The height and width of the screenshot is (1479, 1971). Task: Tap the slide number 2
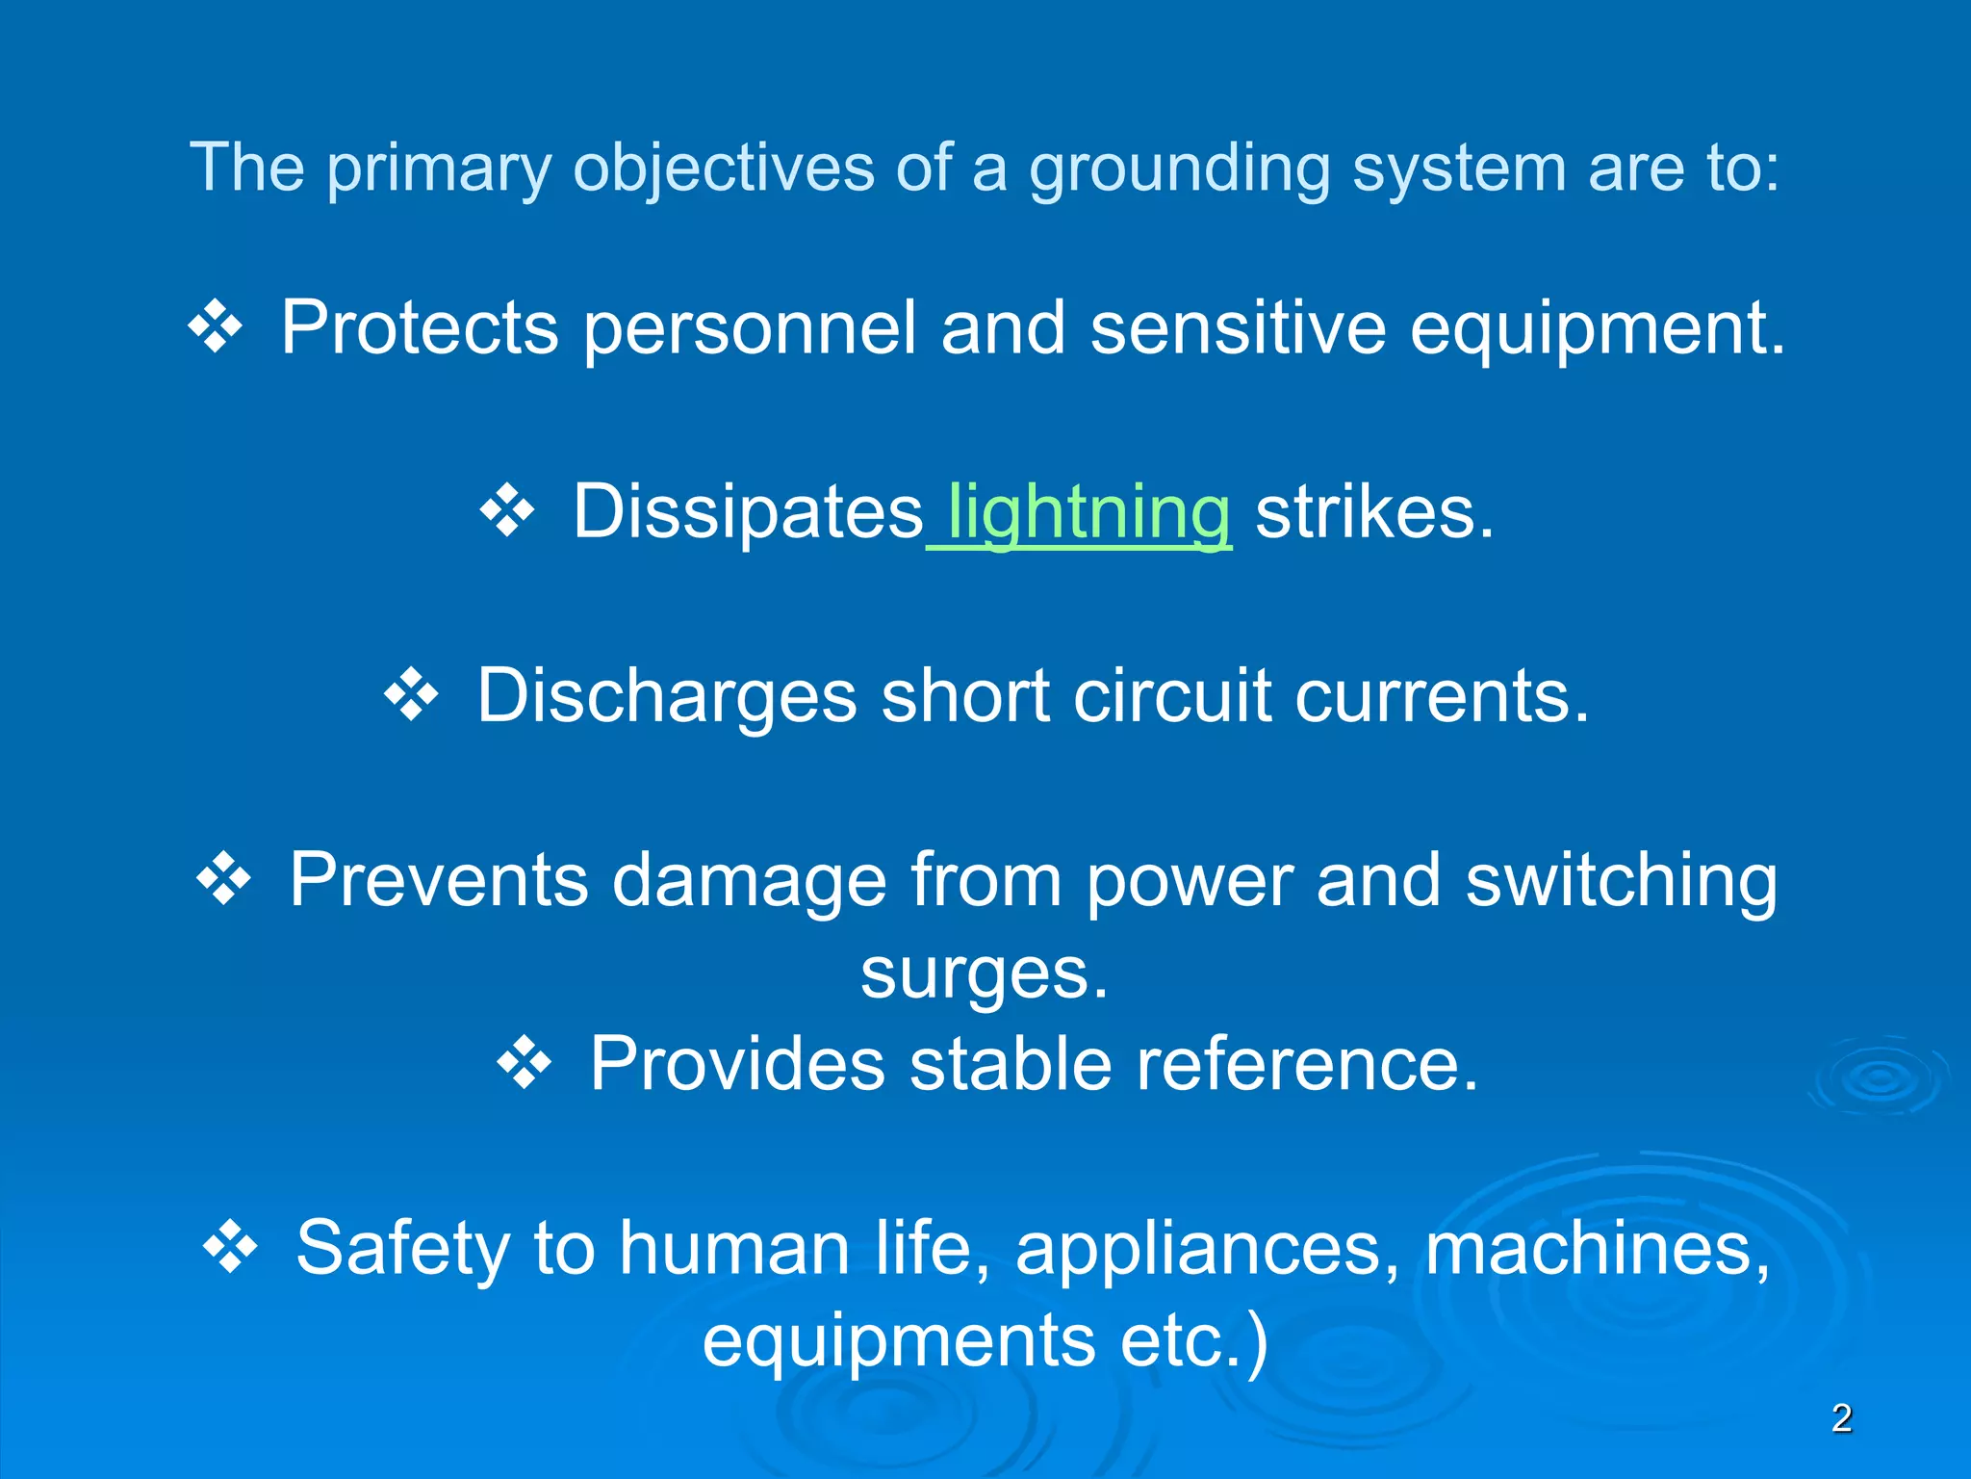(1841, 1418)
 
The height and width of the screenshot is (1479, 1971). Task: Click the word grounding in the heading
(1180, 169)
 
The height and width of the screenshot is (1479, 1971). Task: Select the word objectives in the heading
(724, 169)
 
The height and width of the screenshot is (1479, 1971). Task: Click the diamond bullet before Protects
(216, 327)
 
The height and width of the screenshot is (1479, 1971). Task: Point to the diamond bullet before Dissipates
(507, 511)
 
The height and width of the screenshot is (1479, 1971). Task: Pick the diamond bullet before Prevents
(224, 879)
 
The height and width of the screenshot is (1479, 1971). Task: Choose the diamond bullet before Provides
(525, 1063)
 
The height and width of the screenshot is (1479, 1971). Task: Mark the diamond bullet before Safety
(231, 1248)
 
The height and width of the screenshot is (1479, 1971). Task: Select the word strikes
(1373, 512)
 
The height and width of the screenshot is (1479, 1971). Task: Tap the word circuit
(1171, 696)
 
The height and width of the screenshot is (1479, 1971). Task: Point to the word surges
(984, 974)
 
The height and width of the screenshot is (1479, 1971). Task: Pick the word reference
(1306, 1065)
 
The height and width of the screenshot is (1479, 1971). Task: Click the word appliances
(1208, 1250)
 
